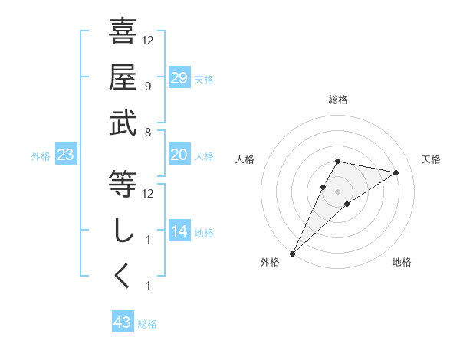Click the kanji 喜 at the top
tap(123, 32)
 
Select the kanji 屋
tap(123, 77)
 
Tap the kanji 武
tap(123, 123)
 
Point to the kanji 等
tap(123, 184)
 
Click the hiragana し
tap(123, 231)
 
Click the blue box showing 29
tap(179, 78)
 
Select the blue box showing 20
tap(179, 155)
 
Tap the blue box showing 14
tap(179, 231)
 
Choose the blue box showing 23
tap(66, 155)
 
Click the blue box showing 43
tap(123, 322)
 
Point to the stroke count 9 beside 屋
tap(147, 86)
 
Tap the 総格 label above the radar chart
tap(338, 100)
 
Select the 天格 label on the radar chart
tap(431, 159)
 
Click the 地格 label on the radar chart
tap(402, 262)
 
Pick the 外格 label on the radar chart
tap(270, 262)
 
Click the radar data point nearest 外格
tap(292, 253)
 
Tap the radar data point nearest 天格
tap(396, 172)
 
